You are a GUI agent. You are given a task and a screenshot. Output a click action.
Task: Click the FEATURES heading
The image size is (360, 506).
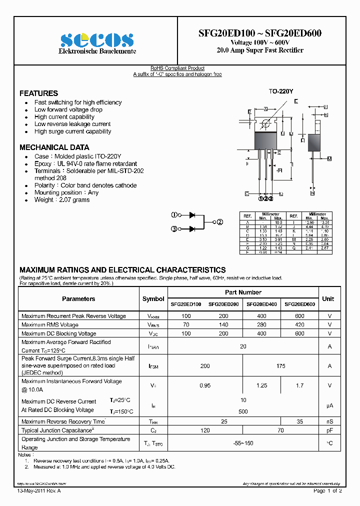[x=38, y=93]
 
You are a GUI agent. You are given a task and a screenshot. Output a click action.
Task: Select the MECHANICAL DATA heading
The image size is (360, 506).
[x=54, y=147]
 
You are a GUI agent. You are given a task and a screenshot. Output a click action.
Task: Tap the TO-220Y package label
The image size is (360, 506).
[x=281, y=92]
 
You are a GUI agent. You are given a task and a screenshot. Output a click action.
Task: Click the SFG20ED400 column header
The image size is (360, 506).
[x=261, y=304]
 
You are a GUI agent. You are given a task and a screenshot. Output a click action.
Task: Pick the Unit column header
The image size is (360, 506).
[x=328, y=298]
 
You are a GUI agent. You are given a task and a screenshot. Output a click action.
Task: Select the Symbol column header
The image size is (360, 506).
[x=153, y=299]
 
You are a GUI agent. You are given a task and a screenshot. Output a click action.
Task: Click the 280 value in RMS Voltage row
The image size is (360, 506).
[x=261, y=325]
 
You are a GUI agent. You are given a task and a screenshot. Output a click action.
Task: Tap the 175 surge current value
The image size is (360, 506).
[x=280, y=366]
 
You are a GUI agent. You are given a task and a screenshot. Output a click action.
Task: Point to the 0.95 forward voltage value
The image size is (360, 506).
[x=205, y=385]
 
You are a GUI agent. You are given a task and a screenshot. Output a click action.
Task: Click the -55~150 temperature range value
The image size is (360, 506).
[x=243, y=443]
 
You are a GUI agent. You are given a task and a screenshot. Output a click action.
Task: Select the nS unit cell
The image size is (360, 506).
[x=329, y=421]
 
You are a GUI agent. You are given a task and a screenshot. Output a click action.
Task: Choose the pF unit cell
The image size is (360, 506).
[x=329, y=430]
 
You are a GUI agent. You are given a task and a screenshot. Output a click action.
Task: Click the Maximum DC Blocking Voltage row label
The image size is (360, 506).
[x=59, y=333]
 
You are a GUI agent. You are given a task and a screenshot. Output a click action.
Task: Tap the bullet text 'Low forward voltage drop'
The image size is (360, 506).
[x=68, y=109]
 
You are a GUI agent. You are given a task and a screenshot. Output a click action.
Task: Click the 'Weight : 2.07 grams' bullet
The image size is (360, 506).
[x=62, y=200]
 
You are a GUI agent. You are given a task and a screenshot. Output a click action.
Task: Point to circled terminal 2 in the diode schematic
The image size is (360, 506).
[x=219, y=222]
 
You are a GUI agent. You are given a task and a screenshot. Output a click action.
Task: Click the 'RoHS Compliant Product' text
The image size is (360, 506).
[x=177, y=68]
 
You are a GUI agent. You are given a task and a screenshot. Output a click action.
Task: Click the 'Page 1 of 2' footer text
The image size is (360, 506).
[x=327, y=491]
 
